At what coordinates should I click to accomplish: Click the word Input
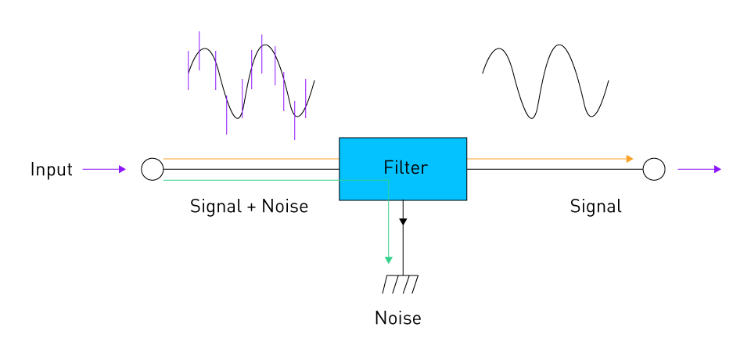click(x=51, y=169)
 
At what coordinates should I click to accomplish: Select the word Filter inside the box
click(x=405, y=167)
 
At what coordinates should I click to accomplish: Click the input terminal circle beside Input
click(x=152, y=169)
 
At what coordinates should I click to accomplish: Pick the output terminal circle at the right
click(x=653, y=169)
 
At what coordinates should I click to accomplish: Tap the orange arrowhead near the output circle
click(x=629, y=159)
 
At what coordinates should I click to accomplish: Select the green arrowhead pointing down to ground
click(x=388, y=260)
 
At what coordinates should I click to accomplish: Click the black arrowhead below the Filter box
click(x=403, y=222)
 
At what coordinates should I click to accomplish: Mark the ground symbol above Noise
click(x=400, y=283)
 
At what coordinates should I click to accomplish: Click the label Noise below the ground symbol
click(x=397, y=319)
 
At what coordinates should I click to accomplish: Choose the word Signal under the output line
click(x=595, y=207)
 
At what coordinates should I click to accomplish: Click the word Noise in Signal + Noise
click(x=285, y=207)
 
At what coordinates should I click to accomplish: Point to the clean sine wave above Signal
click(x=545, y=81)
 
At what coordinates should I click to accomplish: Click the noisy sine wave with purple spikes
click(x=250, y=81)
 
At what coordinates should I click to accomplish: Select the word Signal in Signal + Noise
click(x=215, y=207)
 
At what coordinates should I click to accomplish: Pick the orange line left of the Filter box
click(x=250, y=159)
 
